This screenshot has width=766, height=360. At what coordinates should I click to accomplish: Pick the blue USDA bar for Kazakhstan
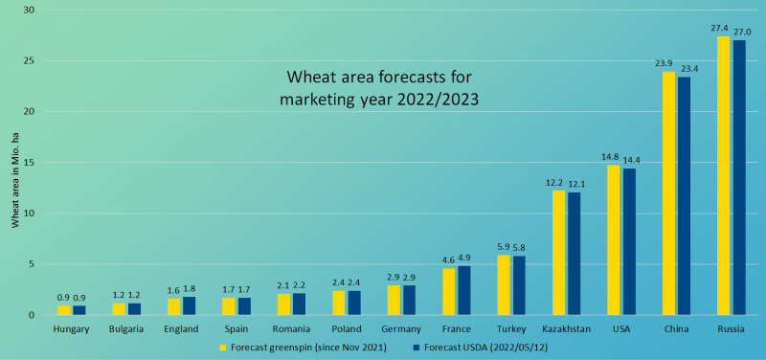click(574, 254)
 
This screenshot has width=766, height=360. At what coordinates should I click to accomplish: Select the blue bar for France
click(463, 290)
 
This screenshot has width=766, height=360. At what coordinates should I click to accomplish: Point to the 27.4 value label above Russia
click(724, 30)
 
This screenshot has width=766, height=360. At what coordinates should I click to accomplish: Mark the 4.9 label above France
click(463, 259)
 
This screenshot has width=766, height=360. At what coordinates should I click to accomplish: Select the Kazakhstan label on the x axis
click(566, 329)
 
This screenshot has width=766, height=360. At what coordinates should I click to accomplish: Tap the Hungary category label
click(72, 329)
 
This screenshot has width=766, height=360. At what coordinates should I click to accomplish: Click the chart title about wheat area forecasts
click(382, 86)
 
